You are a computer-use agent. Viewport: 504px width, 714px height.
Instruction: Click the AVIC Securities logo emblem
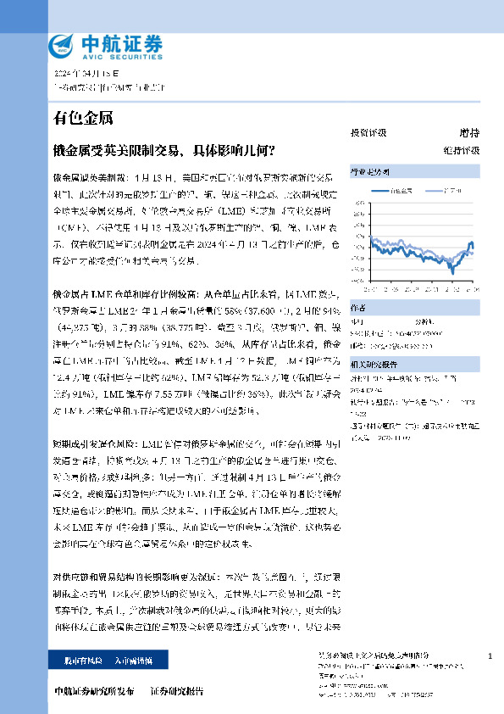click(x=64, y=45)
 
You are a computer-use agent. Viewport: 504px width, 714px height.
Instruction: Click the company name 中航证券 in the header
click(x=119, y=41)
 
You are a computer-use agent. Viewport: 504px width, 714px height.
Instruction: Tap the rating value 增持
click(x=469, y=133)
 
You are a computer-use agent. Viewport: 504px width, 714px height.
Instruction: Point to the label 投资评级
click(x=368, y=133)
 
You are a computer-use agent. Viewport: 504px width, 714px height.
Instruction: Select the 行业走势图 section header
click(x=370, y=171)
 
